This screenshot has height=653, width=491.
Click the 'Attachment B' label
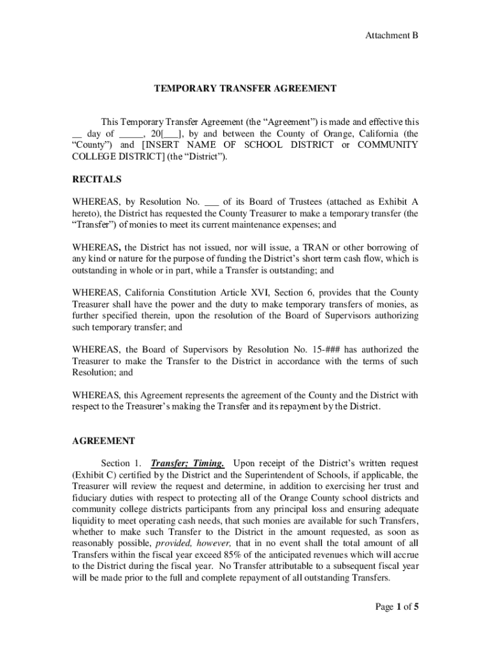tap(392, 36)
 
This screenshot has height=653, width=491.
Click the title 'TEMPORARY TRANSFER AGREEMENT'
tap(245, 89)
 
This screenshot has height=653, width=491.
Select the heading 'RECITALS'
tap(96, 180)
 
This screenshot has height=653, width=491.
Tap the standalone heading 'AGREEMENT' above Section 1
tap(103, 441)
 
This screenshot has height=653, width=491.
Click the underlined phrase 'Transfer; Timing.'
tap(187, 463)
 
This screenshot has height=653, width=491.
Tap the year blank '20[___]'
tap(168, 134)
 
